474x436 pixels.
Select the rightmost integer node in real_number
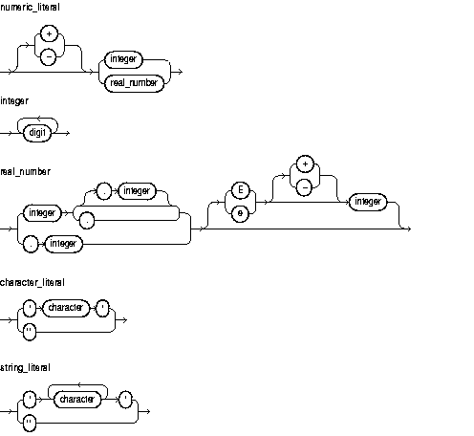(368, 202)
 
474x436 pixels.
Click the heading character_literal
(32, 282)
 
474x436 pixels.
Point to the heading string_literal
(26, 366)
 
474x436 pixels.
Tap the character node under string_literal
(74, 399)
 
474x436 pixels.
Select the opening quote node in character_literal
(28, 309)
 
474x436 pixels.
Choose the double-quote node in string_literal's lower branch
(28, 422)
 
